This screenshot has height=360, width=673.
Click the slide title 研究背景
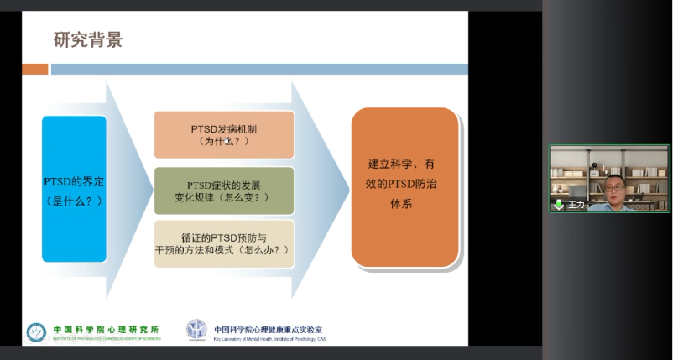pos(88,39)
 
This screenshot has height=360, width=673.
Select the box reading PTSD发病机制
pos(224,134)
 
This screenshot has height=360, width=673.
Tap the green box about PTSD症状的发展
pos(224,190)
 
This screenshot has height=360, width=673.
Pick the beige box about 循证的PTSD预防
pos(224,243)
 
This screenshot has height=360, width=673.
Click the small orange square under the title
pos(34,69)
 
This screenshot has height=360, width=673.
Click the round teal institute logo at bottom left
pos(36,333)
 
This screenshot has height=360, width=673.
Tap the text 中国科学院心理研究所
pos(105,330)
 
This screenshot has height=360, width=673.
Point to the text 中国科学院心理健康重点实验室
pos(269,330)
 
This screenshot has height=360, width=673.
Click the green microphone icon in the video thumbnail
pos(559,204)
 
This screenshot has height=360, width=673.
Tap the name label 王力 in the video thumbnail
pos(576,205)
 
